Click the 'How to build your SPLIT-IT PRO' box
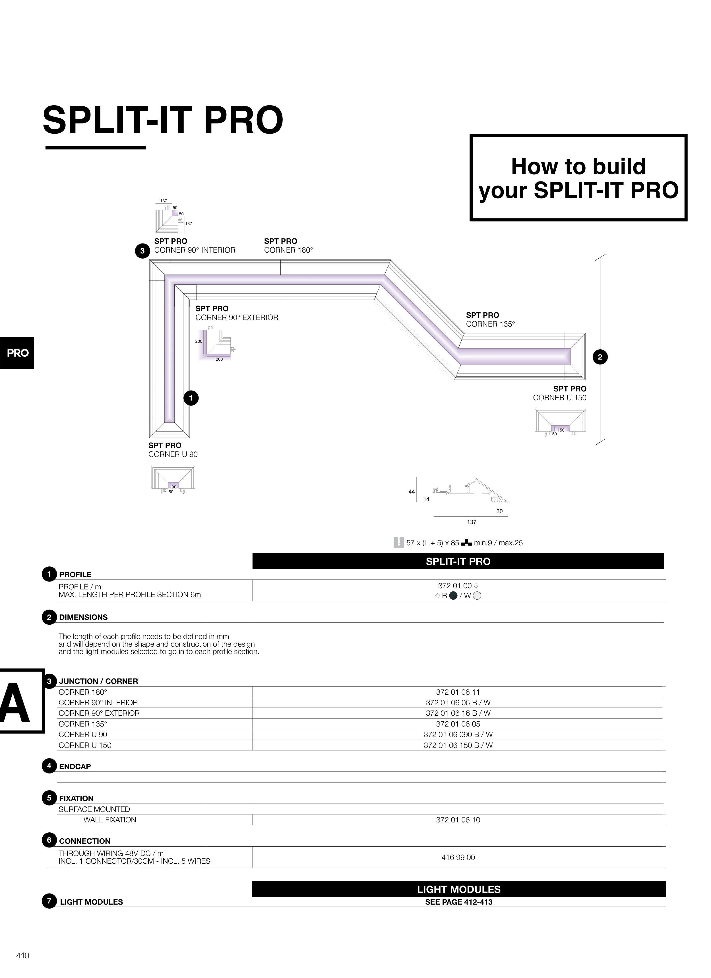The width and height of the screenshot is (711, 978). (x=578, y=178)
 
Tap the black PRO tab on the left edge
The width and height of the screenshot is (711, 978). (x=17, y=353)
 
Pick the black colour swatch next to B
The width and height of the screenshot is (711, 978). (x=453, y=596)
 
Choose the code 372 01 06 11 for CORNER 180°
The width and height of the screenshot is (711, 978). (x=458, y=692)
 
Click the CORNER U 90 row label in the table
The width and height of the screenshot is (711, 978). (x=83, y=734)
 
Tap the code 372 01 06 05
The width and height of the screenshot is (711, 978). (x=458, y=724)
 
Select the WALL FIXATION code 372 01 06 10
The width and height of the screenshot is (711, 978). (x=458, y=820)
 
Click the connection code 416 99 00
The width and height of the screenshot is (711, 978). (x=458, y=857)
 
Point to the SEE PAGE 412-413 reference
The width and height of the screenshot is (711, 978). (x=458, y=902)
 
